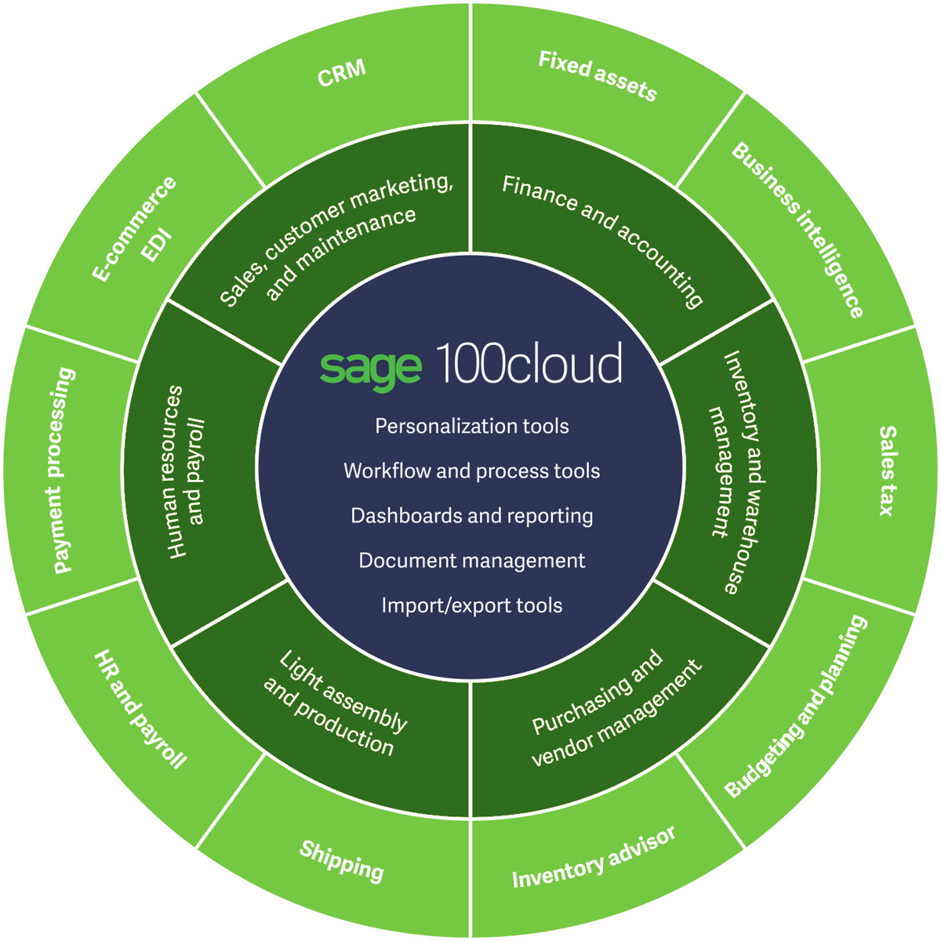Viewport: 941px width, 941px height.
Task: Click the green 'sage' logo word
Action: coord(370,367)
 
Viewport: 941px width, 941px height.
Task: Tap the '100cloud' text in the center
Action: coord(529,363)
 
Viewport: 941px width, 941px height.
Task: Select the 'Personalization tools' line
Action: coord(471,426)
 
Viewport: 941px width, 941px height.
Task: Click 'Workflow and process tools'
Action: coord(471,470)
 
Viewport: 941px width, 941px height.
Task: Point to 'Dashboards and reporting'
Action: coord(471,515)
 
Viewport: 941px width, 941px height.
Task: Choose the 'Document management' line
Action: coord(471,561)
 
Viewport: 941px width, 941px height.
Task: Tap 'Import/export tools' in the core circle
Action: coord(471,605)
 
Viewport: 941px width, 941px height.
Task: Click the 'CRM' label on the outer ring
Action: coord(342,73)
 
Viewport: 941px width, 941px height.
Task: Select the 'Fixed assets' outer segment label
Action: coord(597,75)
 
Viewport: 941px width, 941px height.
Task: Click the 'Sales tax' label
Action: coord(886,470)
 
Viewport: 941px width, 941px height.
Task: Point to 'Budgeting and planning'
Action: coord(796,707)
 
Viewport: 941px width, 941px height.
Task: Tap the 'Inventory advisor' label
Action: coord(593,857)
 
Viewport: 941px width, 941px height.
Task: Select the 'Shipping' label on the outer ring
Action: coord(342,860)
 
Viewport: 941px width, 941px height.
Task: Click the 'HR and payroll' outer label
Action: coord(140,708)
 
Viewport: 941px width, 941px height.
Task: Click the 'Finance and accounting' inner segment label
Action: coord(602,240)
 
